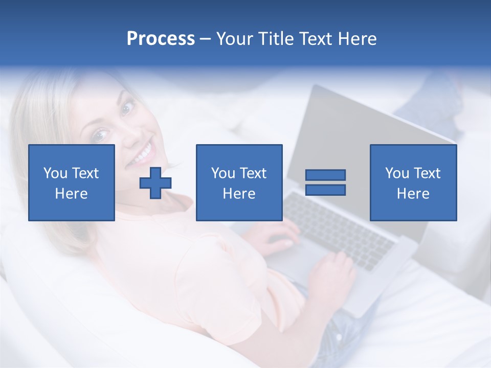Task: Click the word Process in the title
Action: tap(161, 39)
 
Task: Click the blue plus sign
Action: tap(155, 183)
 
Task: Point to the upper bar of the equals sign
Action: tap(325, 175)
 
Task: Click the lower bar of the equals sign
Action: tap(325, 190)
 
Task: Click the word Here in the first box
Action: tap(72, 194)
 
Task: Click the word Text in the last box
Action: tap(427, 173)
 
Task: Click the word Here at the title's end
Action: tap(358, 39)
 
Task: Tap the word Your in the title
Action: tap(235, 39)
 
